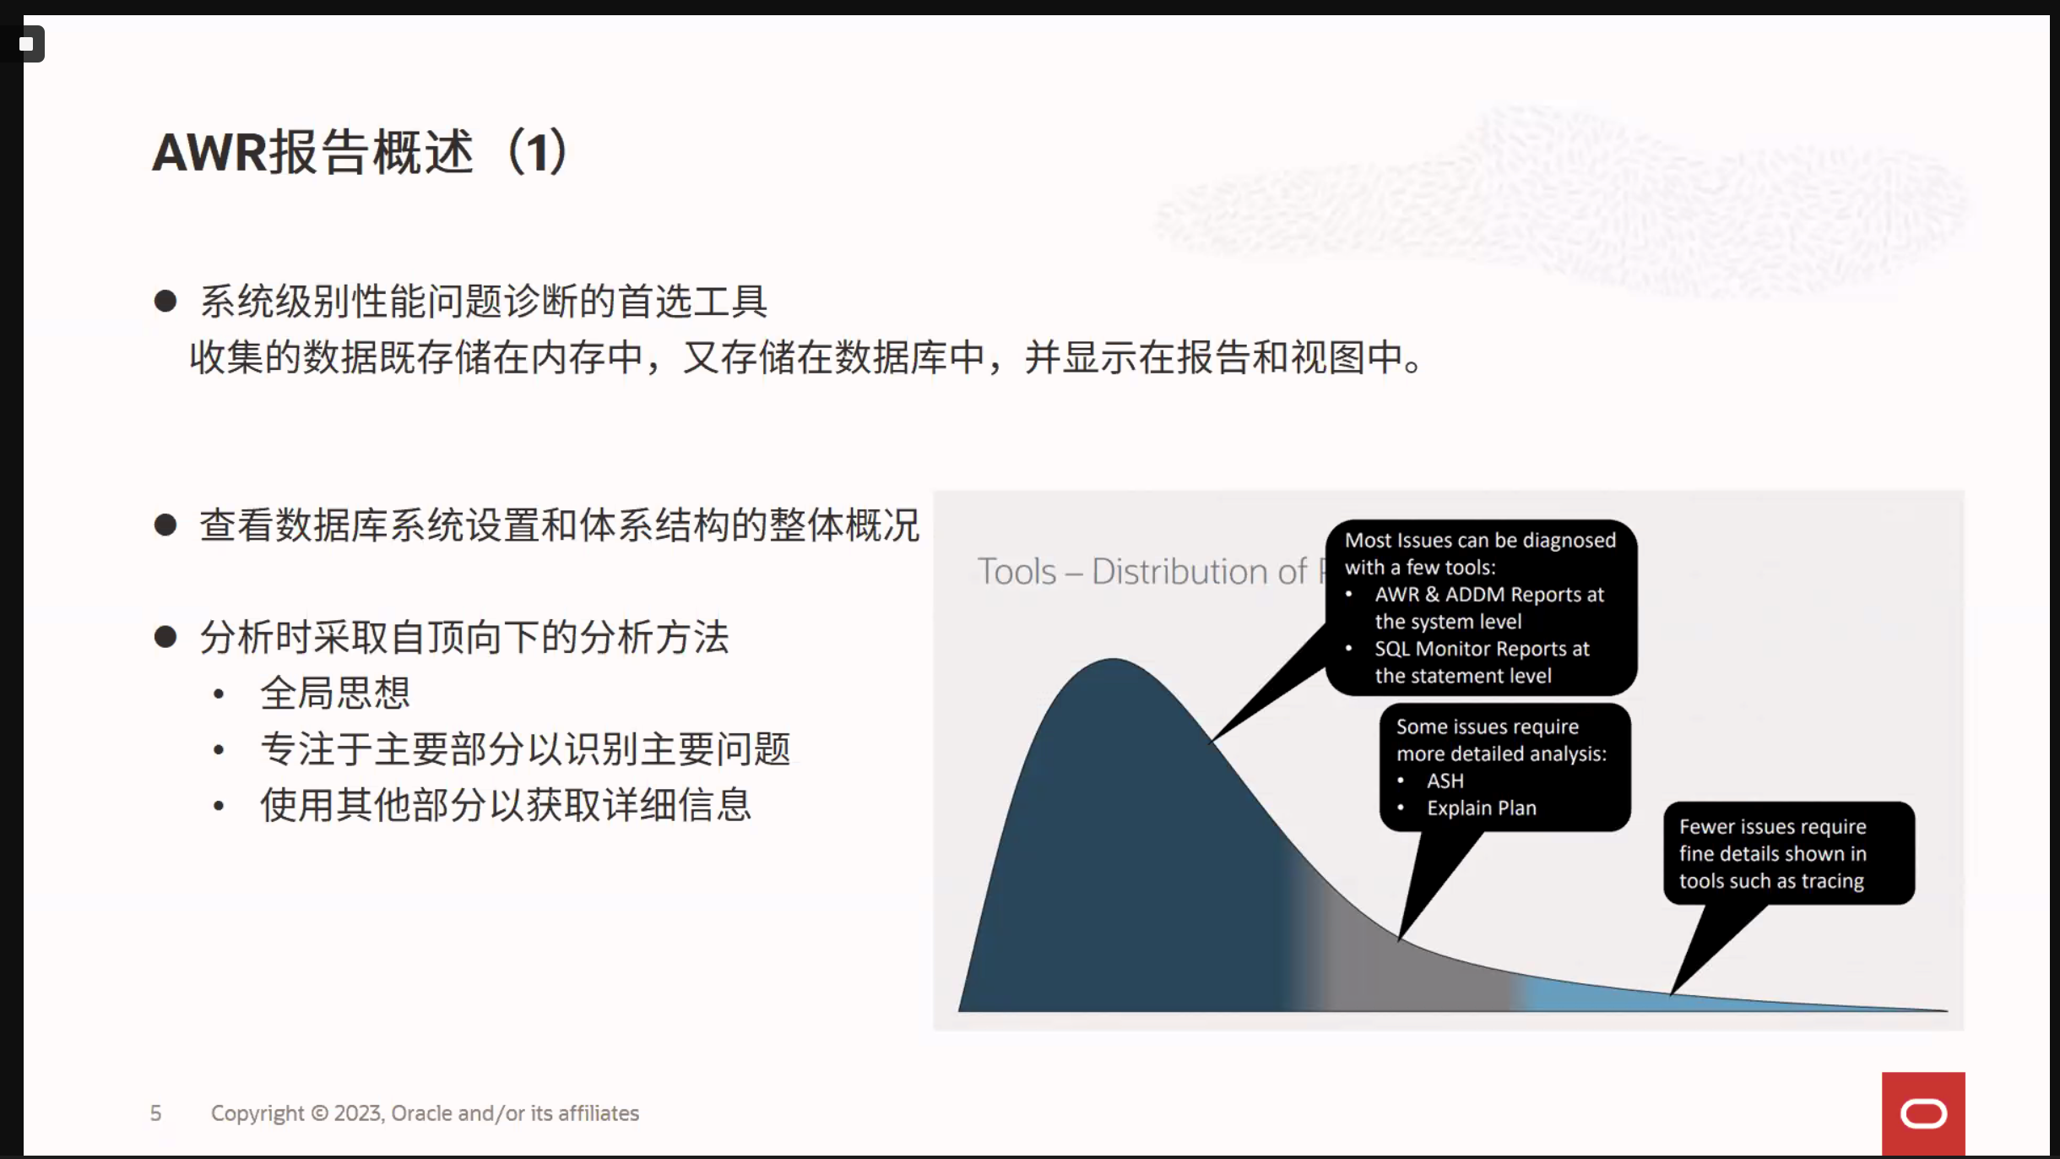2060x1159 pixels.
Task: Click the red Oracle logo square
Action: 1923,1113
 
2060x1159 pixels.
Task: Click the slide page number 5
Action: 155,1113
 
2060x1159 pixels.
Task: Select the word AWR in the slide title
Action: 209,152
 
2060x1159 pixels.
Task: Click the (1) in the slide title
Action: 538,152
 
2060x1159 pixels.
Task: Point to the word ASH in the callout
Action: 1445,781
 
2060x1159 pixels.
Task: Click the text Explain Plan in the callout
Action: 1482,808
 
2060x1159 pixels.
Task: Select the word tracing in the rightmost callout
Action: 1832,881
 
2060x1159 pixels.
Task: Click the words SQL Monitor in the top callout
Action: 1441,649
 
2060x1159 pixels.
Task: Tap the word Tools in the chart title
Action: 1016,572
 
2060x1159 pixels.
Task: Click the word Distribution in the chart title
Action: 1199,572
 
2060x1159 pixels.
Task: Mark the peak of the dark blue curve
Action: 1113,660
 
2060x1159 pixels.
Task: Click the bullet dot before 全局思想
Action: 219,694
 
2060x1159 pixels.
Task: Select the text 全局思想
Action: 335,694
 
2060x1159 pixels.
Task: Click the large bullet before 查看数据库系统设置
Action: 165,525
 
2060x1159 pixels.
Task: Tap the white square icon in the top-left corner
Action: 26,44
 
